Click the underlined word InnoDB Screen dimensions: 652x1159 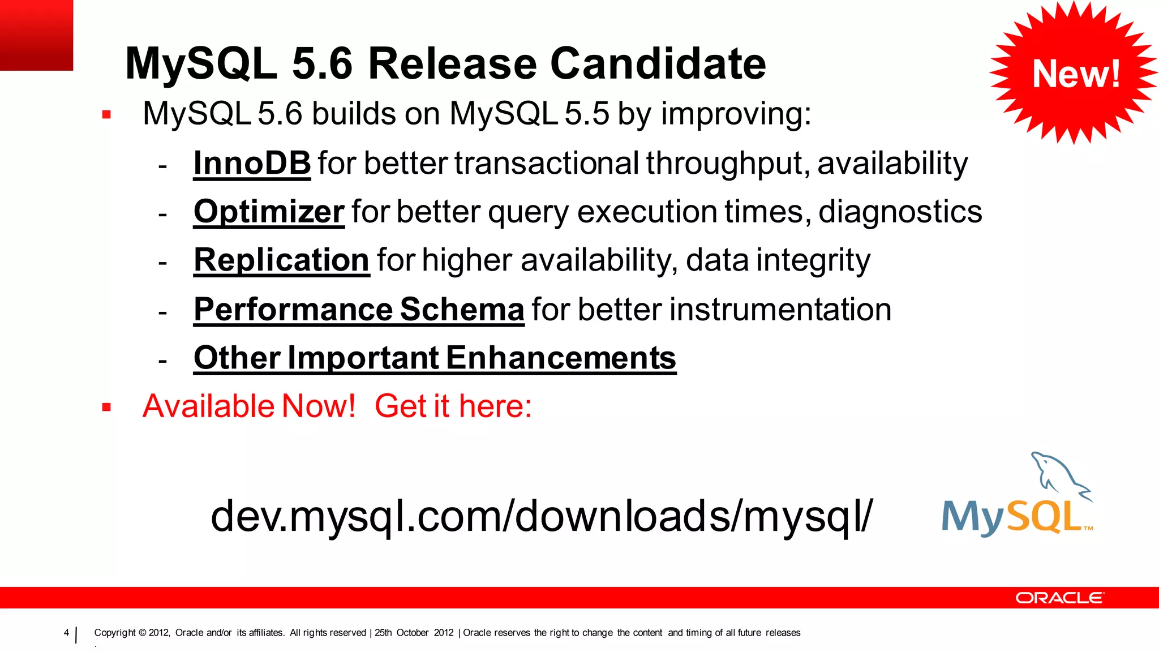click(x=252, y=164)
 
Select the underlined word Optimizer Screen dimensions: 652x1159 click(x=269, y=212)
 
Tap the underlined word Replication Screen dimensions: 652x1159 click(x=281, y=260)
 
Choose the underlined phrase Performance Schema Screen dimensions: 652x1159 click(x=359, y=310)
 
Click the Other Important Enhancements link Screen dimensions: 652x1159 click(x=435, y=358)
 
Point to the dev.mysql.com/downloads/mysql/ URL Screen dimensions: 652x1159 click(x=542, y=516)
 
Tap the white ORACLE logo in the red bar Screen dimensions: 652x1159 click(x=1059, y=598)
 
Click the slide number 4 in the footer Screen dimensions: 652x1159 click(x=66, y=633)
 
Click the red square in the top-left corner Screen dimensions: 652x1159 click(x=36, y=35)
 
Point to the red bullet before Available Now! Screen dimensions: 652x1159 click(x=106, y=407)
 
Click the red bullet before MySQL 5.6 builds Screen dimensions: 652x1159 click(x=106, y=115)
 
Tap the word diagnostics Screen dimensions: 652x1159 click(x=900, y=212)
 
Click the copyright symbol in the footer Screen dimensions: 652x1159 click(x=142, y=633)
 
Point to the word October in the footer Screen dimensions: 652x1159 click(x=412, y=633)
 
